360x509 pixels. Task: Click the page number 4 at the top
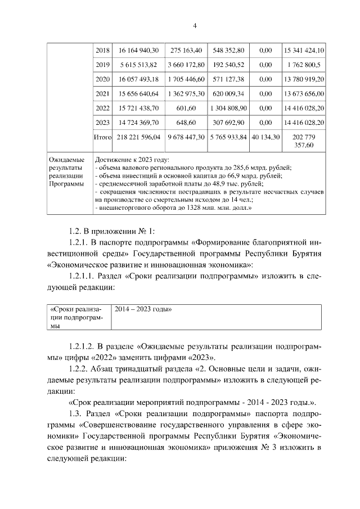[x=194, y=25]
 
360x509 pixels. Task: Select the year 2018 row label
[x=102, y=51]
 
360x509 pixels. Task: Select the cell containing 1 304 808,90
[x=228, y=107]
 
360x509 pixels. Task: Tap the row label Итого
[x=102, y=136]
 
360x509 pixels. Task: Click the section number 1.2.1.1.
[x=82, y=276]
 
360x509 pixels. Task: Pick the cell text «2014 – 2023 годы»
[x=143, y=309]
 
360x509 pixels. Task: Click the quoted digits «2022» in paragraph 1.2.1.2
[x=108, y=357]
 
